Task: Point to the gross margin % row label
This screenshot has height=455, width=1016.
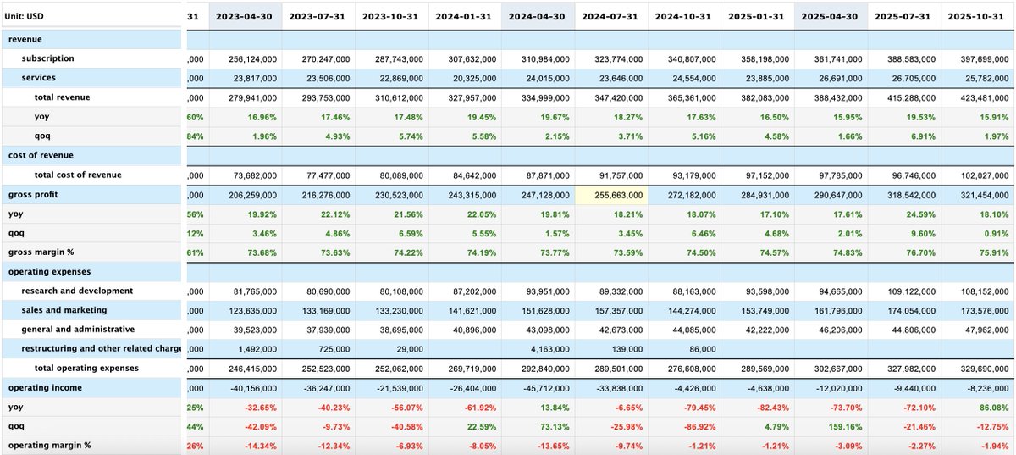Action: (39, 252)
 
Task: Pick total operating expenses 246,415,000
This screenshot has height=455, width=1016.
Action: (250, 369)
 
